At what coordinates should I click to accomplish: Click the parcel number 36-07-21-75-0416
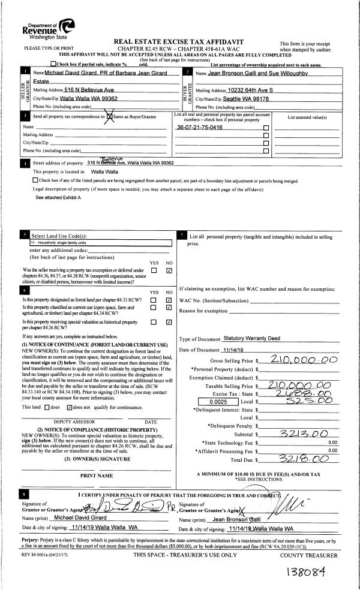tap(200, 128)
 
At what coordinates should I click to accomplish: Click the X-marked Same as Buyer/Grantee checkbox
tap(109, 116)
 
